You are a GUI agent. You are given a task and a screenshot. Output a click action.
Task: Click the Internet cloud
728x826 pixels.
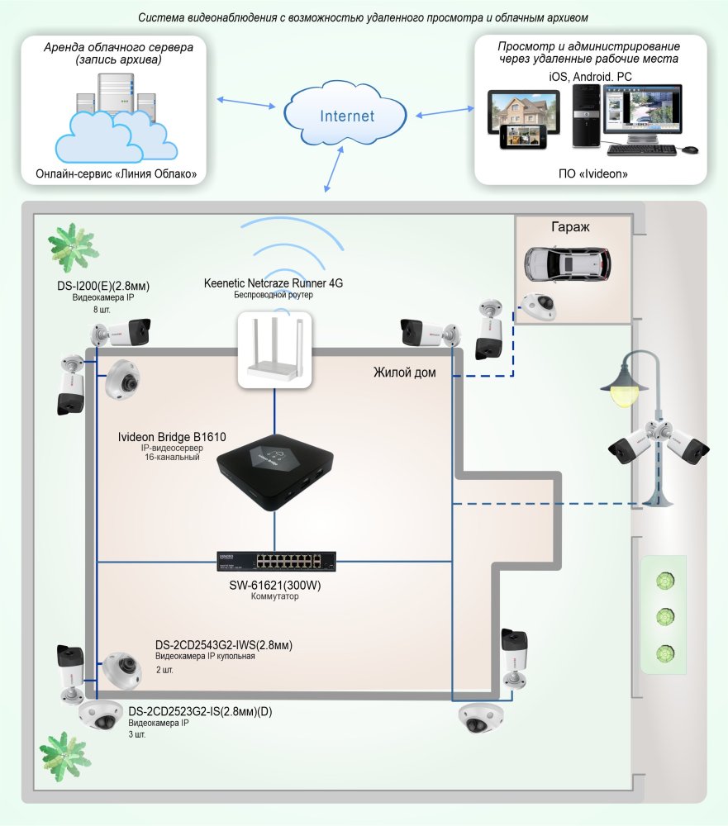346,115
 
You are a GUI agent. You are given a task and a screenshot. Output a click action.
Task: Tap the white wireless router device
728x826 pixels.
274,350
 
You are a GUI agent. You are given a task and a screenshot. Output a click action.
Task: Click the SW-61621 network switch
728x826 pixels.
274,561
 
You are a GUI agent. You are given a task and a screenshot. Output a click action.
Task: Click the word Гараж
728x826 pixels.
569,226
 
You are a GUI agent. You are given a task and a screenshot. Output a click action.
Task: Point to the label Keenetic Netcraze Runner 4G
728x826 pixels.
273,283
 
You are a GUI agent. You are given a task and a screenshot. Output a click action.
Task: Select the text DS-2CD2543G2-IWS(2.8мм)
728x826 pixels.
224,645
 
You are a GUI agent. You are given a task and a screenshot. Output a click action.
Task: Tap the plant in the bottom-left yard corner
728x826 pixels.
65,756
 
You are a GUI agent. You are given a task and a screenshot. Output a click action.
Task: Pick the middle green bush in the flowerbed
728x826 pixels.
663,617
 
